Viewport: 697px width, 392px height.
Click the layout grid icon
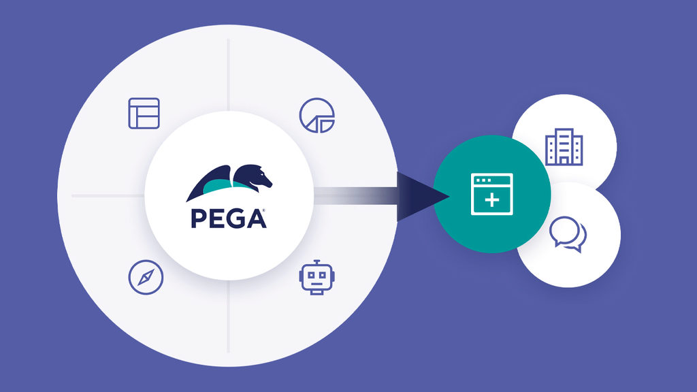[x=144, y=113]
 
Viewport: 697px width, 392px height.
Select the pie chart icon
[x=317, y=114]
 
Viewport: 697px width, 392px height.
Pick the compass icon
[x=146, y=278]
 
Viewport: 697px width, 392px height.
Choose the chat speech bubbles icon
[x=568, y=234]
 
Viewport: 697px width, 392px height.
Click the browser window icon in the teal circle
[x=491, y=194]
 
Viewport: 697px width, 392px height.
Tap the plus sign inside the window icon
[x=491, y=201]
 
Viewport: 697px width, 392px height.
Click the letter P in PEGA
[x=197, y=218]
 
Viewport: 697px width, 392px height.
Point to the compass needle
[x=146, y=278]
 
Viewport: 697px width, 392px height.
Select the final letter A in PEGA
[x=255, y=218]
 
